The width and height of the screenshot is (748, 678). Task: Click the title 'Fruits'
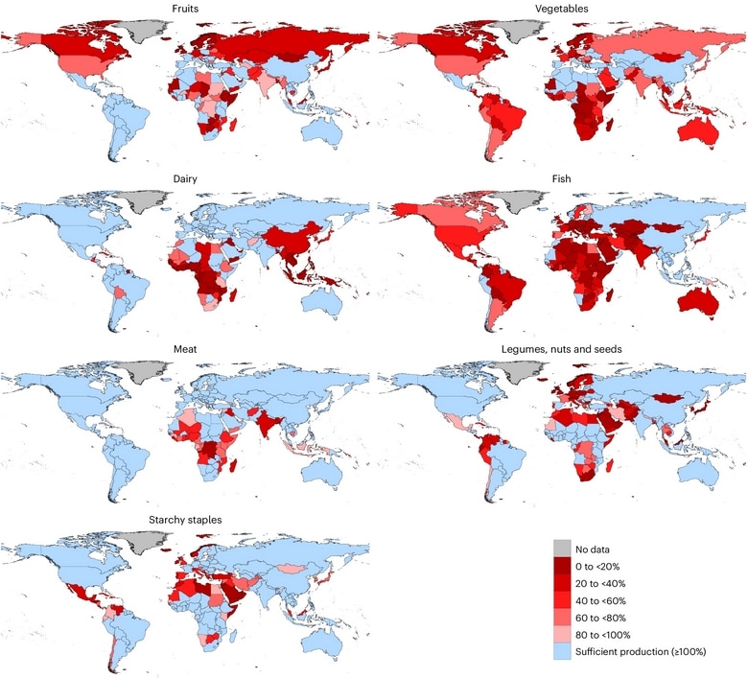(186, 8)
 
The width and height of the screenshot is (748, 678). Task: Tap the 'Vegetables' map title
(562, 8)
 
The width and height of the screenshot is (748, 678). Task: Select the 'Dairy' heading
(186, 177)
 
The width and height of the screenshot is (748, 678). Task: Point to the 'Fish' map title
(562, 177)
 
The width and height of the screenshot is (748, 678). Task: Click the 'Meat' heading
(186, 349)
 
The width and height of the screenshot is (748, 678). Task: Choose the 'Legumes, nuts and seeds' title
(562, 349)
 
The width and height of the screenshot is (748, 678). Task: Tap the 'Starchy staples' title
(186, 519)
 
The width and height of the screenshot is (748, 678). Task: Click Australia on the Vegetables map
(696, 133)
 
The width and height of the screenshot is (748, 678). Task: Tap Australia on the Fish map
(696, 303)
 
